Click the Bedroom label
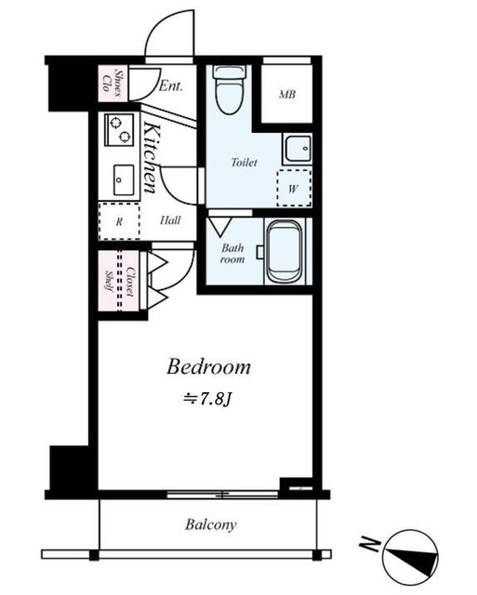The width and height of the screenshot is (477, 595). coord(208,367)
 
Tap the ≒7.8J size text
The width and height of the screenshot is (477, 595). coord(207,400)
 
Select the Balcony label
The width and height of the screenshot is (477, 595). coord(211,524)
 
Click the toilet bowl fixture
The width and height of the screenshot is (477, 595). coord(230,89)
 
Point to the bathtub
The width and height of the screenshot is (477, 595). coord(285,251)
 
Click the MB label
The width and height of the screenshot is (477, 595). coord(287,94)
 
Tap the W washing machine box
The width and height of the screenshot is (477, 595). coord(294,188)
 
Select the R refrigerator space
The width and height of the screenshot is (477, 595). coord(119,221)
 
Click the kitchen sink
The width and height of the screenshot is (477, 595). coord(124,179)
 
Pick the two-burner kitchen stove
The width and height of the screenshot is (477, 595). coord(119,129)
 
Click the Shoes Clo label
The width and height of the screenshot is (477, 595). coord(113,84)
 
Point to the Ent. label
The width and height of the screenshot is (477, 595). coord(170,86)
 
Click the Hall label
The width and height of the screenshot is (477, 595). coord(170,220)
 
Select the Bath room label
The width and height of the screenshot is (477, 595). coord(232,254)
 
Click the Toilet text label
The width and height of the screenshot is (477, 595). coord(244,163)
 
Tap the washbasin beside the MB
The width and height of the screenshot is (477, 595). coord(298,149)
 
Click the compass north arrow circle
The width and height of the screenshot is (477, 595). coord(410,556)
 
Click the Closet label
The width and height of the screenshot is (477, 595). coord(130,283)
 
